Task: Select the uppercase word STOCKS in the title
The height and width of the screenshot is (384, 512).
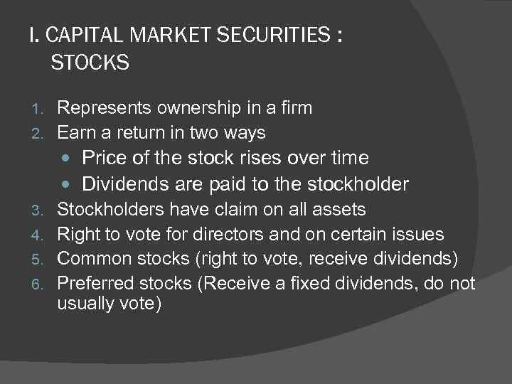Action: (90, 63)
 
